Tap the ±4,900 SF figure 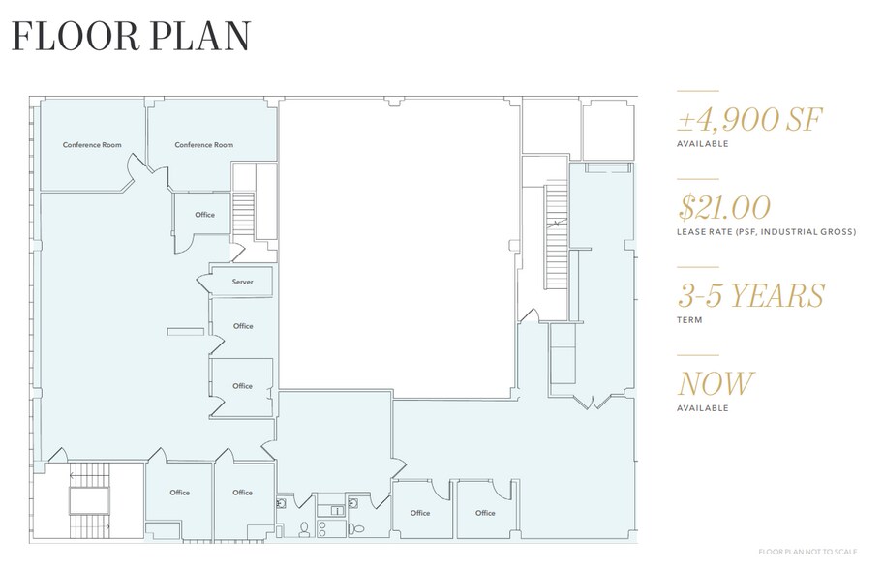coord(749,121)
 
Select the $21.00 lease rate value coord(725,208)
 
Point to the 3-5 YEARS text coord(750,295)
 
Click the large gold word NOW coord(716,383)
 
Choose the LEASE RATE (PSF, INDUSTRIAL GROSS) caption coord(766,232)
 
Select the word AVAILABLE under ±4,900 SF coord(702,144)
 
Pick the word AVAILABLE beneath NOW coord(702,408)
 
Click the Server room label coord(242,282)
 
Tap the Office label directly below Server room coord(243,326)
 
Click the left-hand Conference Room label coord(92,145)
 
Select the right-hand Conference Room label coord(203,145)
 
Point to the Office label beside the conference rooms coord(204,215)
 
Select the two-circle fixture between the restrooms coord(332,510)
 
